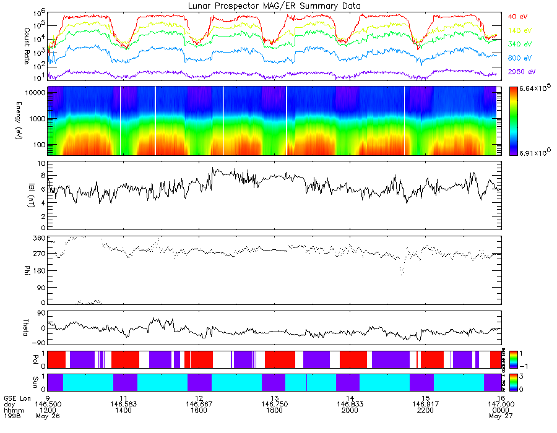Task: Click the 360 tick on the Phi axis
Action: click(x=38, y=238)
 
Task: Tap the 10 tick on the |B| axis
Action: click(x=41, y=164)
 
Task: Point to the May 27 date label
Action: click(x=498, y=416)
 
